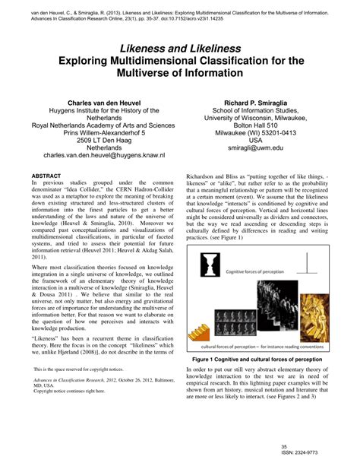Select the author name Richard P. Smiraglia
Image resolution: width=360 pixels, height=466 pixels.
click(x=254, y=100)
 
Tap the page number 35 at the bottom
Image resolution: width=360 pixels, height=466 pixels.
click(x=305, y=446)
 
